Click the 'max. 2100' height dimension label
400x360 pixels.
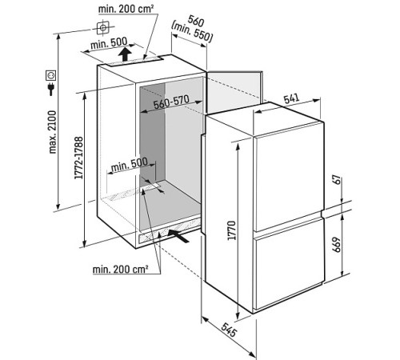(53, 132)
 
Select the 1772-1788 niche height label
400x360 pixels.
(79, 158)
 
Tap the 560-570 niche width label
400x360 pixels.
(171, 102)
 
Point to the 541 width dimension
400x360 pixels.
(291, 98)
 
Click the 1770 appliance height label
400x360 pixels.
(232, 230)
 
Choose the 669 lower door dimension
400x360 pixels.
(337, 244)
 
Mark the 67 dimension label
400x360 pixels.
(338, 181)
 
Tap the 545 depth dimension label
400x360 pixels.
(229, 330)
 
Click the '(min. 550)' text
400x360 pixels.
(192, 33)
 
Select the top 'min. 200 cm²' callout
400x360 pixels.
(126, 9)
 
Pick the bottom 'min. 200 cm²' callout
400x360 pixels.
(120, 269)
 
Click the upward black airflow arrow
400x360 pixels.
(125, 54)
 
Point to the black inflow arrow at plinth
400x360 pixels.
(178, 236)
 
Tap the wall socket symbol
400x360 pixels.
(50, 75)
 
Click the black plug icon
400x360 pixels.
(50, 90)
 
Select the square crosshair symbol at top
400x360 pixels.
(103, 27)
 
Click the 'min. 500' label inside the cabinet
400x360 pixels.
(129, 165)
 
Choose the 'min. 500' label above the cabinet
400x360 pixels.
(109, 43)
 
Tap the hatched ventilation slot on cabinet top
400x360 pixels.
(135, 61)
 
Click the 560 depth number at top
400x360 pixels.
(196, 21)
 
